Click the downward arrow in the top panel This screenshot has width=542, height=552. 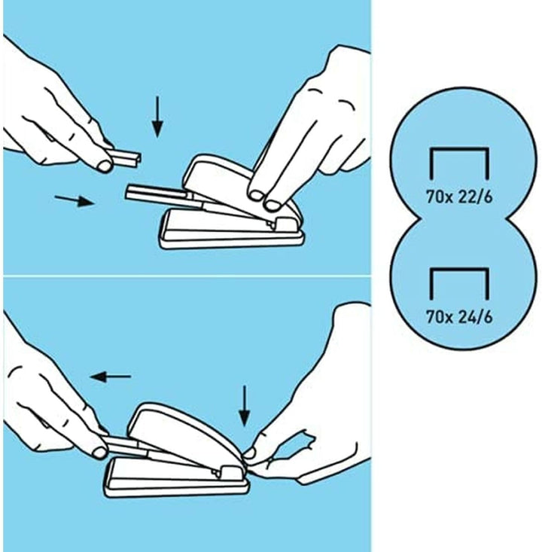click(x=157, y=117)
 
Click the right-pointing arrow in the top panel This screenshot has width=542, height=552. click(x=75, y=200)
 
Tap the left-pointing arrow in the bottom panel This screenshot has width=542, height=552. click(x=111, y=377)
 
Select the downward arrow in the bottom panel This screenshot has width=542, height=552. click(x=244, y=406)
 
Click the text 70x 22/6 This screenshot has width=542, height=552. click(x=459, y=197)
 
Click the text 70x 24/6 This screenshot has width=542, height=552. click(x=459, y=317)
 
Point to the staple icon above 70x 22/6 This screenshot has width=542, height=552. click(x=459, y=150)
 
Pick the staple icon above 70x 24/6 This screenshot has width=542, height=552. click(x=459, y=270)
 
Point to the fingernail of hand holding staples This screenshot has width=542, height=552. click(x=105, y=166)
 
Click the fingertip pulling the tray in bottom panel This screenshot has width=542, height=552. click(x=99, y=452)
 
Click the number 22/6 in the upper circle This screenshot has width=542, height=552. click(x=475, y=197)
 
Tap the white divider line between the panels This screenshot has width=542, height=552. click(x=187, y=276)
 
